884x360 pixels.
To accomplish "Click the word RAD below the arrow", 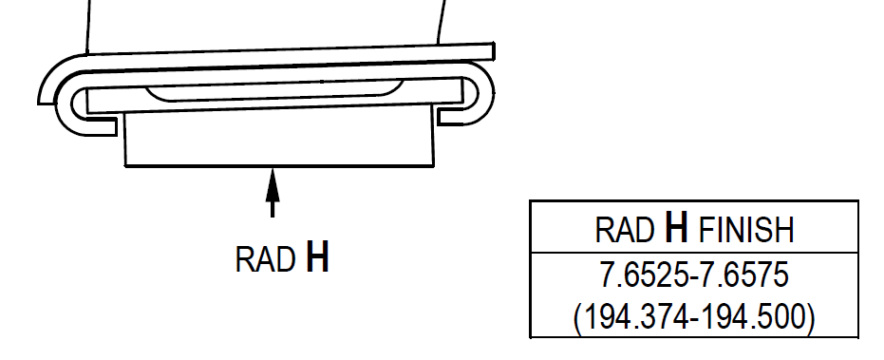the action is pos(265,259).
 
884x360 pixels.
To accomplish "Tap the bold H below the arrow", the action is pos(317,257).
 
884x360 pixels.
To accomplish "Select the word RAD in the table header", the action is pos(625,230).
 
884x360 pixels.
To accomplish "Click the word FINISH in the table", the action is pos(746,230).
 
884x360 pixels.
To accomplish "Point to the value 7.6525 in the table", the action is pos(643,275).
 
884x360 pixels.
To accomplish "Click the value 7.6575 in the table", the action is pos(743,275).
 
